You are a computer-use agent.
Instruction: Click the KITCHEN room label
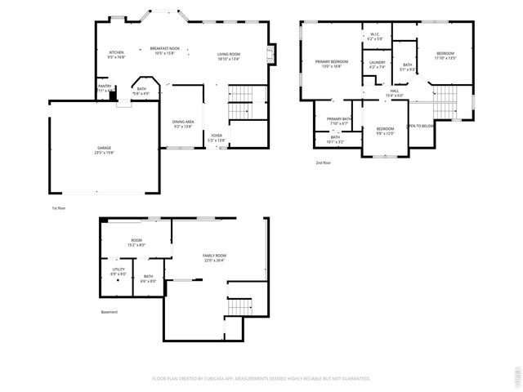(117, 53)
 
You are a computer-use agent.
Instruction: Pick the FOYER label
(217, 136)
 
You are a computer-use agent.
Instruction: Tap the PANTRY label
(105, 85)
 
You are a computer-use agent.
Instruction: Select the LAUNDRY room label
(377, 64)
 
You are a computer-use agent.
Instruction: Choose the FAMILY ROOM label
(215, 256)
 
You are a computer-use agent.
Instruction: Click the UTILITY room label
(118, 270)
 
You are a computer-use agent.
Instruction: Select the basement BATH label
(148, 277)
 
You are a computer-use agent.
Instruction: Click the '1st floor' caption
(58, 208)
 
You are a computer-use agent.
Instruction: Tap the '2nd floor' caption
(323, 163)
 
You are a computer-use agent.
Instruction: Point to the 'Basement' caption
(109, 311)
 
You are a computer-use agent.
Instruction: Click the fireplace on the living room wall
(273, 55)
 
